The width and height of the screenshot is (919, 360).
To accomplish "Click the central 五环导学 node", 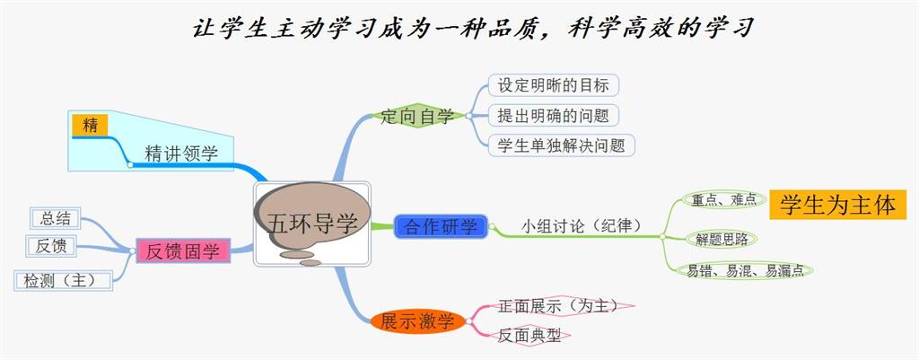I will (312, 224).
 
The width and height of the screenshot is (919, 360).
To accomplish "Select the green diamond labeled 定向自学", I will (417, 116).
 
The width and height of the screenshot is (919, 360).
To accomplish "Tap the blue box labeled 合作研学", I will (441, 226).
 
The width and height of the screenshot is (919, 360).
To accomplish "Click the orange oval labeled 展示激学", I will (417, 321).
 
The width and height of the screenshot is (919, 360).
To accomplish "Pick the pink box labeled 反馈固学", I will (183, 250).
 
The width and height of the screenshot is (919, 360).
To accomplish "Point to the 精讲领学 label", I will (180, 153).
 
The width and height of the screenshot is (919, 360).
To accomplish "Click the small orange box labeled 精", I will (90, 126).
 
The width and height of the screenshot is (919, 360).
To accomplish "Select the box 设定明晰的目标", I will (554, 86).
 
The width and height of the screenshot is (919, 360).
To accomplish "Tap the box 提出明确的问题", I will (554, 115).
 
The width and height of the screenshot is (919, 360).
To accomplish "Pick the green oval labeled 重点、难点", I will (722, 200).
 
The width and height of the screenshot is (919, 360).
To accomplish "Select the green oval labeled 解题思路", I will (722, 239).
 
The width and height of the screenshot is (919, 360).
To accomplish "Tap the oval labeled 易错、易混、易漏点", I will (744, 269).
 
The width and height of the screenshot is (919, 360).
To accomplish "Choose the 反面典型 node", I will (530, 335).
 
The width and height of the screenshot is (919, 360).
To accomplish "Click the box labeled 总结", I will (56, 218).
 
